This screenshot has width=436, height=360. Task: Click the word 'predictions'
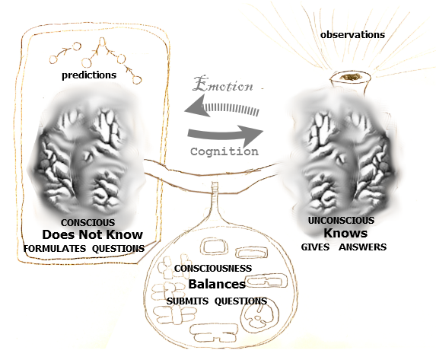pyautogui.click(x=89, y=75)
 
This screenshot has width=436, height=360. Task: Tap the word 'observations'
pyautogui.click(x=352, y=35)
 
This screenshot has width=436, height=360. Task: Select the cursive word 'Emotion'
pyautogui.click(x=223, y=84)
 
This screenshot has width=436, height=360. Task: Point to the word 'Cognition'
pyautogui.click(x=224, y=151)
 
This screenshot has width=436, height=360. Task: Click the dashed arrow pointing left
pyautogui.click(x=222, y=107)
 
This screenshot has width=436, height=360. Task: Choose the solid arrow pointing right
pyautogui.click(x=225, y=135)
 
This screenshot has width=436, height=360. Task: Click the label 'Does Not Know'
pyautogui.click(x=92, y=234)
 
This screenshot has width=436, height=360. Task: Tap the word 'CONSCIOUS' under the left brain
pyautogui.click(x=88, y=222)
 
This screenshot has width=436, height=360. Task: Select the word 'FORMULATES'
pyautogui.click(x=55, y=248)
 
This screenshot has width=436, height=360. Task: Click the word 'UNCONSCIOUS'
pyautogui.click(x=341, y=221)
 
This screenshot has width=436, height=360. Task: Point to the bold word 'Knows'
pyautogui.click(x=345, y=233)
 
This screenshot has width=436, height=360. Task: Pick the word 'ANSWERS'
pyautogui.click(x=363, y=247)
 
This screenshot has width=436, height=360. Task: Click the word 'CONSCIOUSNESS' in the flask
pyautogui.click(x=213, y=268)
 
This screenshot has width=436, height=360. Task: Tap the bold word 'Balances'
pyautogui.click(x=217, y=284)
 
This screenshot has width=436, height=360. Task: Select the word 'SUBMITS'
pyautogui.click(x=187, y=301)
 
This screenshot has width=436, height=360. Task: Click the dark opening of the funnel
pyautogui.click(x=350, y=77)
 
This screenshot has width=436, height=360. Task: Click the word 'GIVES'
pyautogui.click(x=315, y=247)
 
